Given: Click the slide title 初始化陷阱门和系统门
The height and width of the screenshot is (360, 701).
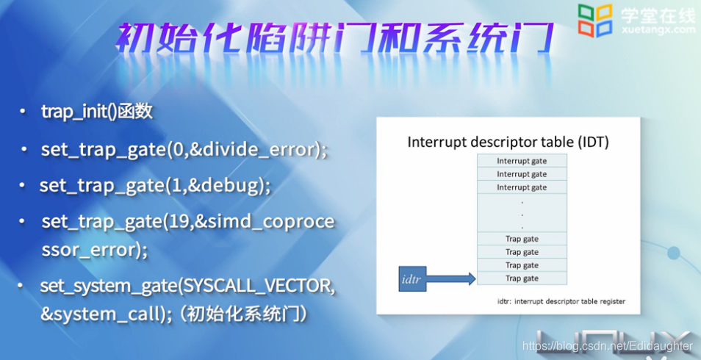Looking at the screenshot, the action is [x=334, y=39].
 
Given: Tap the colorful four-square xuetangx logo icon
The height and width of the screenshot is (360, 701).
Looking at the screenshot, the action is [x=594, y=20].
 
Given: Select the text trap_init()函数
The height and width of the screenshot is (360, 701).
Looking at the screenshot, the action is [x=97, y=112].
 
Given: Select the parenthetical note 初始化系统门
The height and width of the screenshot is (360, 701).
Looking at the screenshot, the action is [x=246, y=314].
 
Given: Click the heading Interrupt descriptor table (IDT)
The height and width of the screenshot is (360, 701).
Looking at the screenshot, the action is [x=508, y=143].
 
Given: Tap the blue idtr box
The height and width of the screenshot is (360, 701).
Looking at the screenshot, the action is [x=412, y=279].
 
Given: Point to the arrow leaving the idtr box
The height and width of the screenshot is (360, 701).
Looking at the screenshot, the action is [x=451, y=278].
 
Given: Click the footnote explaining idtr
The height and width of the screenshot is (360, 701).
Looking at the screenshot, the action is [x=561, y=301].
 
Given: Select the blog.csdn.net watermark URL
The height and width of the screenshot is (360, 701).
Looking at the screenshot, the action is [x=607, y=346].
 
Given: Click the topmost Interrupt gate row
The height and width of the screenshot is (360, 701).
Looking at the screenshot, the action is [x=522, y=161].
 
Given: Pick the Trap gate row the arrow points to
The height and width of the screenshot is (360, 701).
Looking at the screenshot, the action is [x=522, y=278].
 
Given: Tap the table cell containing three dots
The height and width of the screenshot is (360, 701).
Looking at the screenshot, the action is [x=522, y=213].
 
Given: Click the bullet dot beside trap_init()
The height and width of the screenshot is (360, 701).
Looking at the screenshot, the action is [x=22, y=112].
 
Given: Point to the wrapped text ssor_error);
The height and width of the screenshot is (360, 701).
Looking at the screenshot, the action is [x=94, y=250].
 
